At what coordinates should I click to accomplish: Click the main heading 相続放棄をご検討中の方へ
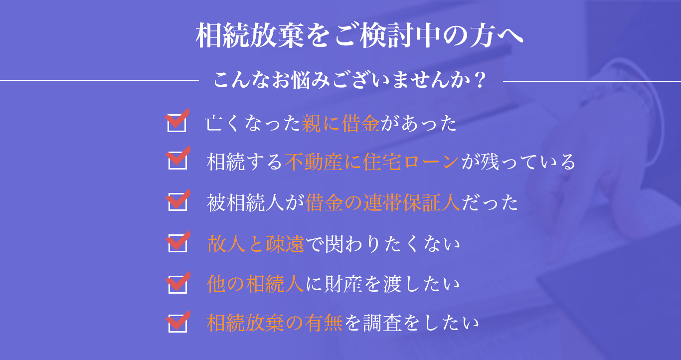tap(359, 36)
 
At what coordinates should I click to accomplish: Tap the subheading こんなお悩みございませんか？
tap(349, 80)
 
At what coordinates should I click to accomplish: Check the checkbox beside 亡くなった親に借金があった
tap(176, 123)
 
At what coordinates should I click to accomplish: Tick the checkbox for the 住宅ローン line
tap(177, 161)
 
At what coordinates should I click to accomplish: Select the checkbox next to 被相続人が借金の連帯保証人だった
tap(177, 202)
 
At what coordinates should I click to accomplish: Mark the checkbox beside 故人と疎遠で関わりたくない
tap(177, 243)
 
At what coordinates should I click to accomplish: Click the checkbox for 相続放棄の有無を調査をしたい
tap(177, 323)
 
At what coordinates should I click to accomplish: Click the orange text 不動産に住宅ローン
tap(372, 162)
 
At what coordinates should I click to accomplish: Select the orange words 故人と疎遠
tap(255, 244)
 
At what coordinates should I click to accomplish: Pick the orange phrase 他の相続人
tap(255, 284)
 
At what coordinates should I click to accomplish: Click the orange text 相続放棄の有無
tap(275, 324)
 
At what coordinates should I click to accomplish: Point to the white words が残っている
tap(518, 162)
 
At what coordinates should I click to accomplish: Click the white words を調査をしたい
tap(412, 324)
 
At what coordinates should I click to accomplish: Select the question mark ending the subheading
tap(480, 80)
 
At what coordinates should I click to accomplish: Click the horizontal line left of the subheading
tap(100, 80)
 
